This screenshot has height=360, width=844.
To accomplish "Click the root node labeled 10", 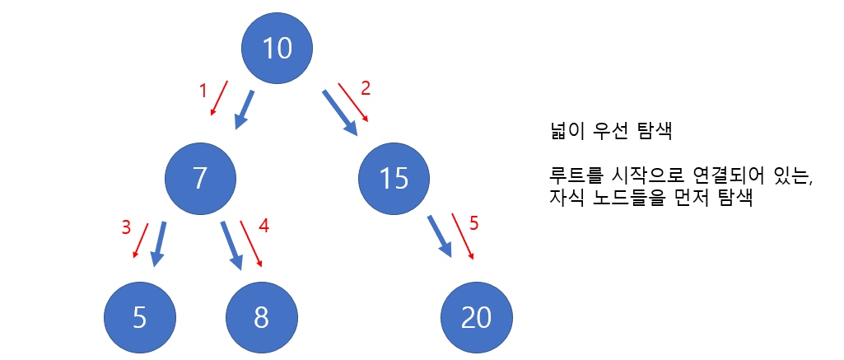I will (277, 49).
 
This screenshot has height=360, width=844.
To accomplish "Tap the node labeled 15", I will (394, 179).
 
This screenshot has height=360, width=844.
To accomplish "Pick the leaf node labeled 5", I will (140, 318).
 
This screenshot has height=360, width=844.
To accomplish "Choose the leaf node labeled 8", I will (261, 318).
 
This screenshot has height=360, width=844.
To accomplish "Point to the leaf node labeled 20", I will (477, 318).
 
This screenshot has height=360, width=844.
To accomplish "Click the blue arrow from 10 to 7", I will (245, 109).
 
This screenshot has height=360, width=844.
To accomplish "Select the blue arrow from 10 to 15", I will (341, 111).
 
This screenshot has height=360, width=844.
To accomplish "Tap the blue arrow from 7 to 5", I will (159, 243).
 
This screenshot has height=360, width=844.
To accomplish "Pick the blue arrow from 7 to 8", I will (231, 245).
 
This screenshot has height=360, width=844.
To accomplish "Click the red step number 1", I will (203, 91).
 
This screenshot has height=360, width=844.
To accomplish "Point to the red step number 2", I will (366, 86).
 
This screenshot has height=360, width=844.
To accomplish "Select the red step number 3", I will (126, 228).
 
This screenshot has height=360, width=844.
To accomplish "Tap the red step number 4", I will (264, 224).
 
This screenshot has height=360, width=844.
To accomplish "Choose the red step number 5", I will (473, 222).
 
